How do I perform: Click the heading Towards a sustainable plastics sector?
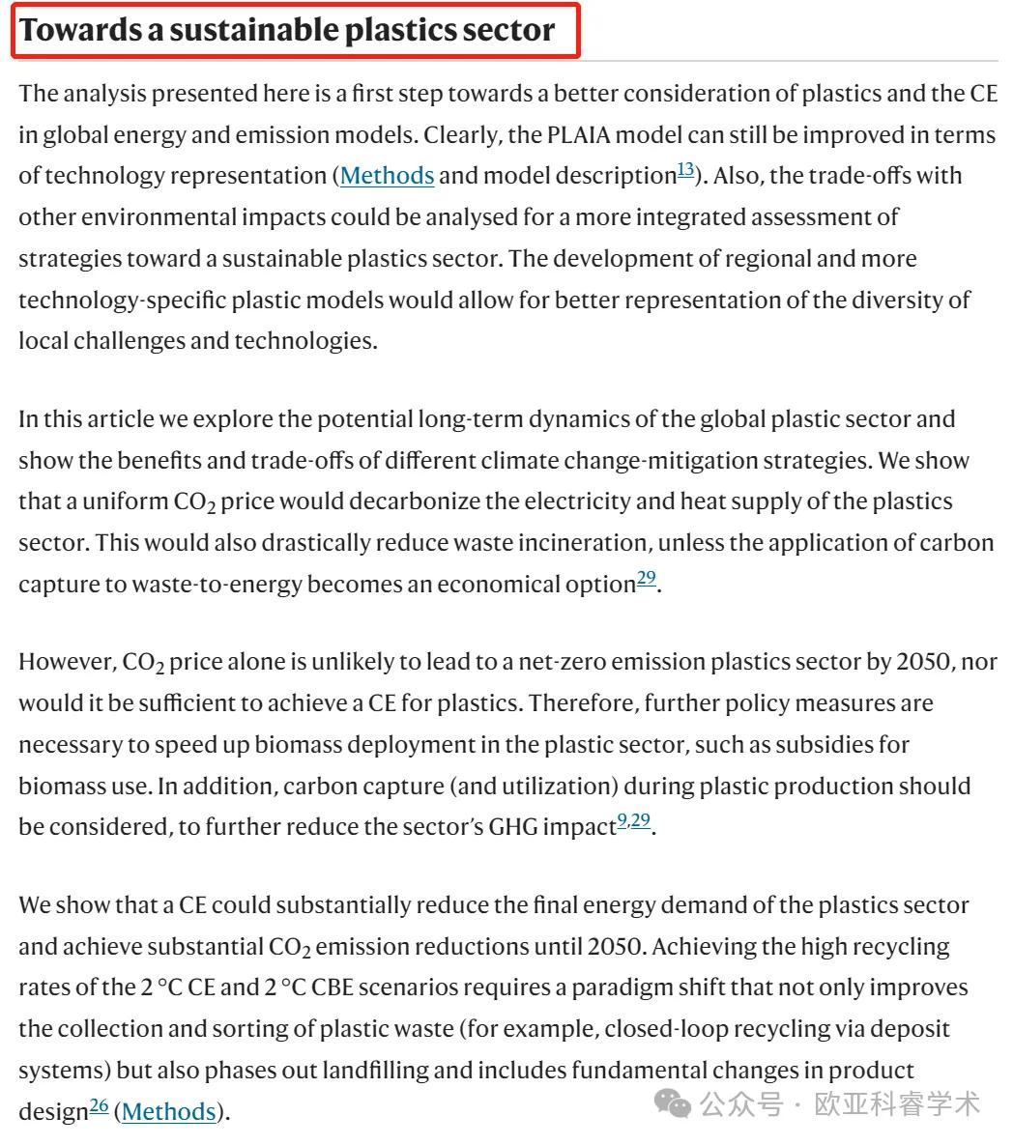click(x=287, y=30)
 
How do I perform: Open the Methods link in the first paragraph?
click(x=387, y=176)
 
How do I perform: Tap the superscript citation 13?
click(x=685, y=170)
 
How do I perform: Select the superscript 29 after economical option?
click(x=646, y=579)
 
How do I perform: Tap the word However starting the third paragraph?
click(x=64, y=663)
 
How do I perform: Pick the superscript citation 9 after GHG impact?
click(x=622, y=822)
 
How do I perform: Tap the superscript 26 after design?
click(x=99, y=1106)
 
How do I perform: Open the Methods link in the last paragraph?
click(x=168, y=1112)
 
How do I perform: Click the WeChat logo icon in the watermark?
click(x=672, y=1103)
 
